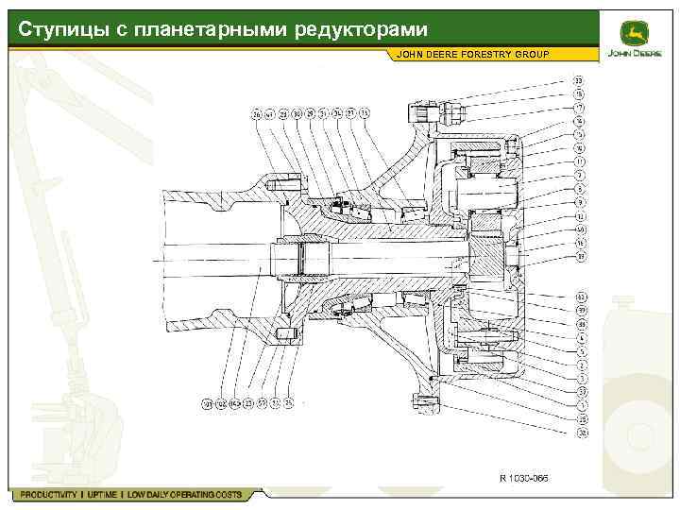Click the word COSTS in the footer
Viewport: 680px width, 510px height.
pyautogui.click(x=226, y=495)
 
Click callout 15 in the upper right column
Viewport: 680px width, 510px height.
pyautogui.click(x=579, y=93)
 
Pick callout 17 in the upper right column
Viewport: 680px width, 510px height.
pyautogui.click(x=579, y=108)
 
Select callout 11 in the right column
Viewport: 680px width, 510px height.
pyautogui.click(x=579, y=161)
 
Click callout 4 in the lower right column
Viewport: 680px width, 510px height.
pyautogui.click(x=579, y=337)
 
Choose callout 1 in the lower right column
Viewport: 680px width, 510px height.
pyautogui.click(x=579, y=404)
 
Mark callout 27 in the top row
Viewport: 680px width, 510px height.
pyautogui.click(x=350, y=114)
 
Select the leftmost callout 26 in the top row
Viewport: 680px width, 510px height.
pyautogui.click(x=255, y=114)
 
